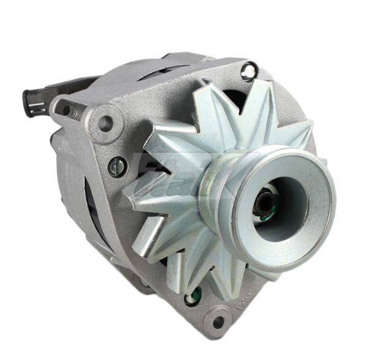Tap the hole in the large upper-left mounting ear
(x=105, y=123)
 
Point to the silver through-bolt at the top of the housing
(x=248, y=72)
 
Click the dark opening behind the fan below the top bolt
(x=235, y=98)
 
